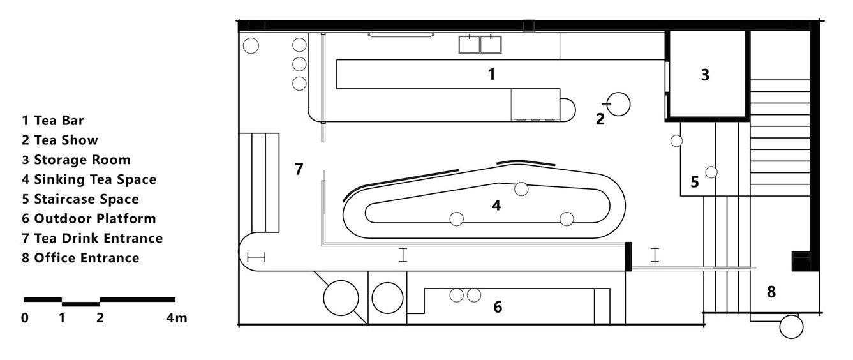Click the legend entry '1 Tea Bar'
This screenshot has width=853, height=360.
[52, 121]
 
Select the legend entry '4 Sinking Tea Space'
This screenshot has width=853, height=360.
[89, 179]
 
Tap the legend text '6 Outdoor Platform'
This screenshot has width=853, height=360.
[89, 219]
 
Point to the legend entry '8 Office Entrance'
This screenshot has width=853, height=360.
[80, 258]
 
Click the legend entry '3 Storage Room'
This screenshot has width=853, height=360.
[76, 160]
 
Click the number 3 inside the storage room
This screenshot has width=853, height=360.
[705, 75]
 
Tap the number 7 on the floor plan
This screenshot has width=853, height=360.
[299, 169]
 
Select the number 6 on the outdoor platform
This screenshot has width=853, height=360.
[498, 306]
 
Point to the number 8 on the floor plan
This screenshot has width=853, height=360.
[771, 292]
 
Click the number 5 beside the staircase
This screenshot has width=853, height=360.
[695, 182]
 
